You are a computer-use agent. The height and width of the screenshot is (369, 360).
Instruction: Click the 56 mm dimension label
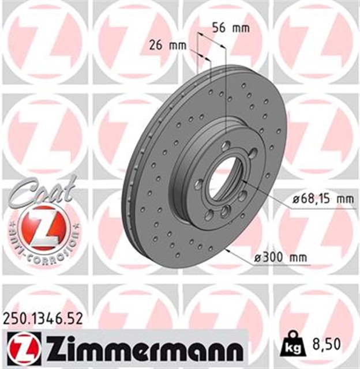pos(231,28)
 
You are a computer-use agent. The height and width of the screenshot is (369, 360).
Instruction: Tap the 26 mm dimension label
pos(168,46)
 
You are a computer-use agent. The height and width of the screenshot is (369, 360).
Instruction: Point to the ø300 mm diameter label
pos(280,258)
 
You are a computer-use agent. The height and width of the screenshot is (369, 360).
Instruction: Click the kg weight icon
pos(292,345)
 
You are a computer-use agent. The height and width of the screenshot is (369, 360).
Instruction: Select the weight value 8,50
pos(327,344)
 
